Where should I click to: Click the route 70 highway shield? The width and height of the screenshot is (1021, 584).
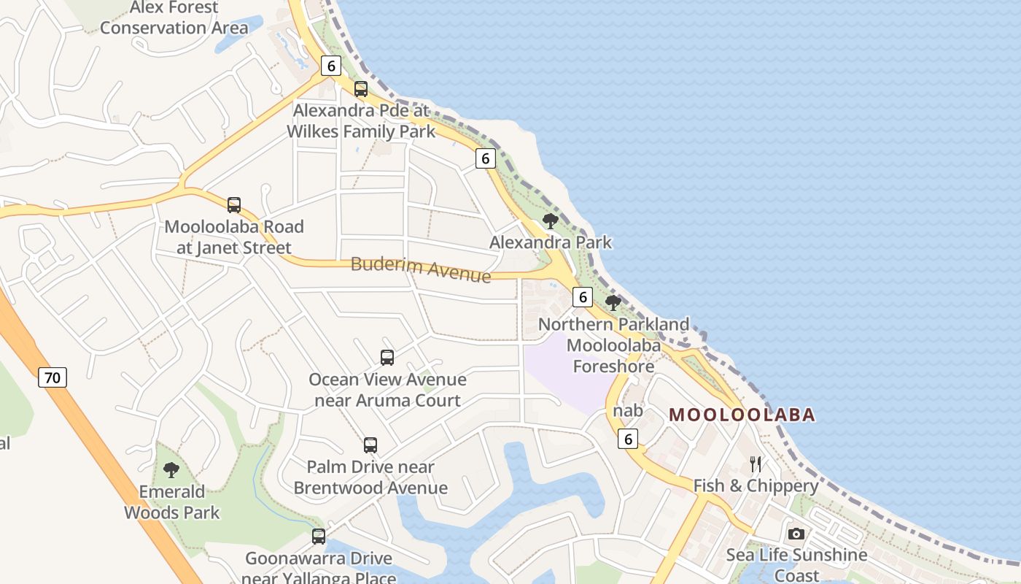tap(52, 377)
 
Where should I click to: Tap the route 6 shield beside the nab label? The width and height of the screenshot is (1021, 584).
tap(627, 438)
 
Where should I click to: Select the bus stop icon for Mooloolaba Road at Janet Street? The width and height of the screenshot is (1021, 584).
tap(233, 205)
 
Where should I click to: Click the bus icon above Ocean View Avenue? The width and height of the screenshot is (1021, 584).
tap(387, 358)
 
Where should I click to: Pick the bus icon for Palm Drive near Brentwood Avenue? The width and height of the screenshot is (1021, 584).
tap(370, 445)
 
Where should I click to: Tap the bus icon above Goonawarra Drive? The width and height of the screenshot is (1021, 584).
tap(319, 537)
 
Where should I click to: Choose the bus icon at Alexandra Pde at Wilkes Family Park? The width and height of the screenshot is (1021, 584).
tap(360, 89)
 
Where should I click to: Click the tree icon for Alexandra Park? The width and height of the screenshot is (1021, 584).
tap(551, 220)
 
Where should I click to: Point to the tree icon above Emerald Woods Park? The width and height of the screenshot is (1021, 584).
tap(171, 469)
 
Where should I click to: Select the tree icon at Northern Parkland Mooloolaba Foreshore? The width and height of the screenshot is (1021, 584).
tap(613, 302)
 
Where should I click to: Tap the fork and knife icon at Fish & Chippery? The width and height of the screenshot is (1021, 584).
tap(756, 464)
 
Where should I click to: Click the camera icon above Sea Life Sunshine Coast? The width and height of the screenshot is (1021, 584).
tap(796, 534)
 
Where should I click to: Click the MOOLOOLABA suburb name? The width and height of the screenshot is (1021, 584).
tap(742, 415)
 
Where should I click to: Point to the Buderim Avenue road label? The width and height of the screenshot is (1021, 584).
tap(421, 269)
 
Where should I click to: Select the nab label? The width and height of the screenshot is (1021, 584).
tap(628, 411)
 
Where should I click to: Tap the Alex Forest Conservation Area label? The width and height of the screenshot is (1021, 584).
tap(174, 18)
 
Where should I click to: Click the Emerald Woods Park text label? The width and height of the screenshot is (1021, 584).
tap(171, 502)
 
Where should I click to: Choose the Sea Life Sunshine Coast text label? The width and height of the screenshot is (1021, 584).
tap(796, 565)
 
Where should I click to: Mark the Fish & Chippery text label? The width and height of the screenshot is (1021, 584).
tap(756, 486)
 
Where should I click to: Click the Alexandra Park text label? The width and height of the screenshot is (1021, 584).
tap(551, 242)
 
